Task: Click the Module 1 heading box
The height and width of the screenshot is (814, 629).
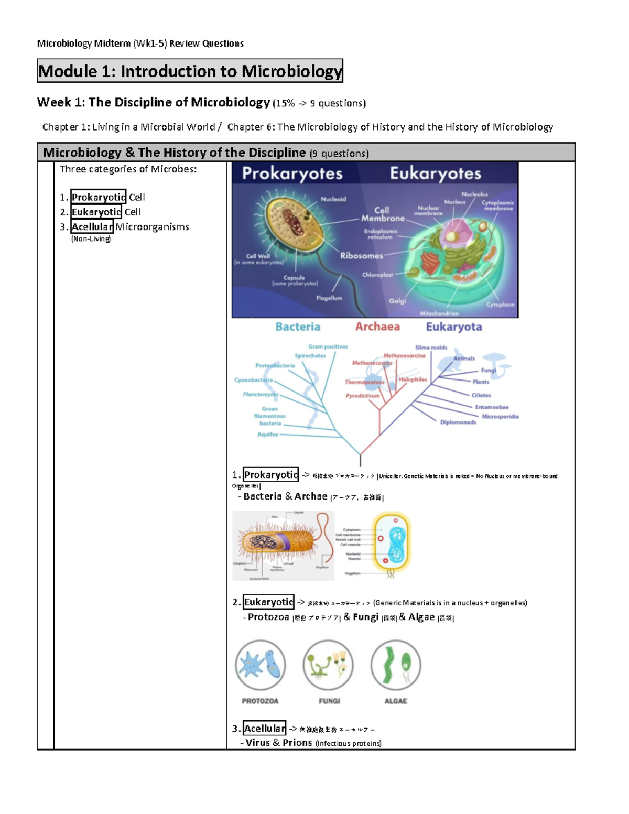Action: click(190, 71)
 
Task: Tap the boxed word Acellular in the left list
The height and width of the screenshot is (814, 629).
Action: click(92, 226)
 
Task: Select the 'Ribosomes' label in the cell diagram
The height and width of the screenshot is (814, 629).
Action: click(361, 256)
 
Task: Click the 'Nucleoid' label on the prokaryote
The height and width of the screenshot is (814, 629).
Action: click(333, 199)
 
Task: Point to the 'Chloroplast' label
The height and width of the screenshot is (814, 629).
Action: click(377, 275)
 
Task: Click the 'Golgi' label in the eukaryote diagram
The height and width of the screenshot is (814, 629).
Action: click(397, 301)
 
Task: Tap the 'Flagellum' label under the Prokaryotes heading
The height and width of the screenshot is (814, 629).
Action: click(329, 298)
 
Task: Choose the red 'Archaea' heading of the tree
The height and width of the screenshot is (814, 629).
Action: click(377, 327)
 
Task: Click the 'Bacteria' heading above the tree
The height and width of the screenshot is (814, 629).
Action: click(298, 327)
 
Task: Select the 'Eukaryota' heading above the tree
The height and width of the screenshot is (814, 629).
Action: click(453, 327)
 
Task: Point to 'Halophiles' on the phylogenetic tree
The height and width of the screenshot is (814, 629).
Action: click(413, 379)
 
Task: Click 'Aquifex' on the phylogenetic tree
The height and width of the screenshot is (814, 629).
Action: click(268, 434)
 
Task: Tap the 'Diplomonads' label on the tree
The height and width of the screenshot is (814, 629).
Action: click(458, 422)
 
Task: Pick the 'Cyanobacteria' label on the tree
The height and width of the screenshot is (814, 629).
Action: click(254, 380)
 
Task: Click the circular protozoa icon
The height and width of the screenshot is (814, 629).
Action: click(261, 665)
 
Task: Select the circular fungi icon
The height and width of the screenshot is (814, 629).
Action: click(328, 665)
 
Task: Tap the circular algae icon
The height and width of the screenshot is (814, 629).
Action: click(396, 665)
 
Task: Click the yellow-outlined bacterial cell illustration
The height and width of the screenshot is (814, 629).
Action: click(391, 542)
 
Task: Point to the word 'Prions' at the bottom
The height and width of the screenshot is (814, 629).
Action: click(297, 743)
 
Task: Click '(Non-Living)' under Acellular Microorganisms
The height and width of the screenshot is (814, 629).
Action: click(91, 239)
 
